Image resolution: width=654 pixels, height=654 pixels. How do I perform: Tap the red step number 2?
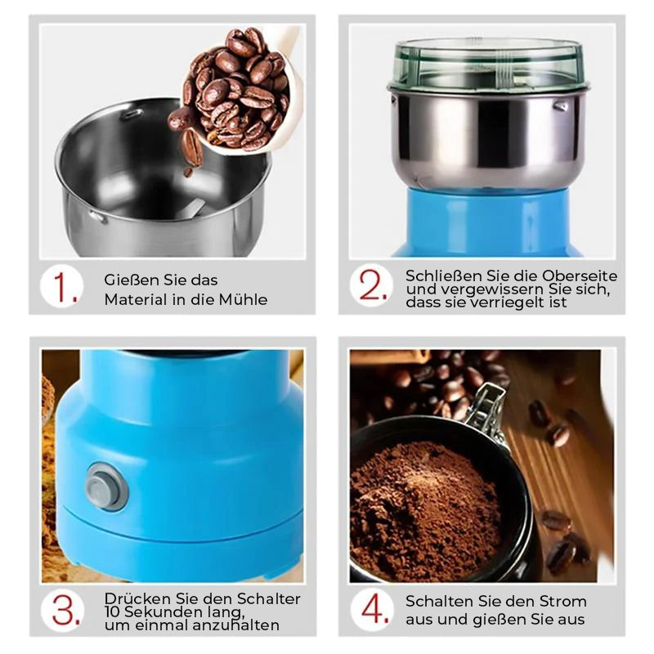pos(373,285)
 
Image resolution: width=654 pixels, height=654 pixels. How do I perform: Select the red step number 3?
pos(66,611)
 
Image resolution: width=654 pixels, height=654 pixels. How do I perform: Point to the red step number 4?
pos(375,609)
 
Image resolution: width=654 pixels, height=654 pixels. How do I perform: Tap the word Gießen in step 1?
pos(125,280)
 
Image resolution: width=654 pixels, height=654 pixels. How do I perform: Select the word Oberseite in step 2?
pos(580,275)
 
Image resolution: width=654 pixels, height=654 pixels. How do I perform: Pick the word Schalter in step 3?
pos(269,598)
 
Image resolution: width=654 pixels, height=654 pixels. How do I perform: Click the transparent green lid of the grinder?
pos(487,65)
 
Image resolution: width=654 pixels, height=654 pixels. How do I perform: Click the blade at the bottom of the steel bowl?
pos(191,208)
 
